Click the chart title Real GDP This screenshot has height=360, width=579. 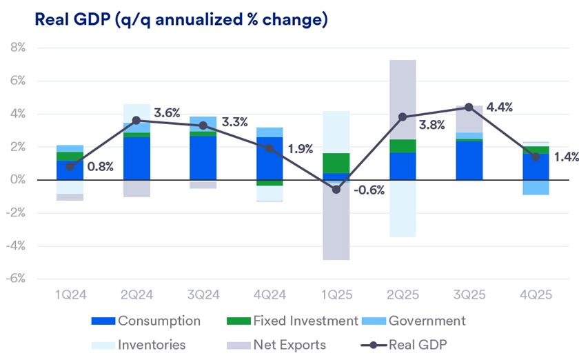(x=180, y=19)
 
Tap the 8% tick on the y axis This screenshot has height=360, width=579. (x=17, y=48)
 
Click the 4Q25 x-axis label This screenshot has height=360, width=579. (x=535, y=294)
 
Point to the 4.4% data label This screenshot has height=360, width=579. (x=499, y=107)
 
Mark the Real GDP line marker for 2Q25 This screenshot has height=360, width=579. (x=403, y=117)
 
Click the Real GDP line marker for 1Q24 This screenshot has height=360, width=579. (x=70, y=167)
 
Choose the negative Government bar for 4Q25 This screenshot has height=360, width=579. (x=535, y=188)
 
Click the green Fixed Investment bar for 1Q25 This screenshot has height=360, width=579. (x=336, y=163)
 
